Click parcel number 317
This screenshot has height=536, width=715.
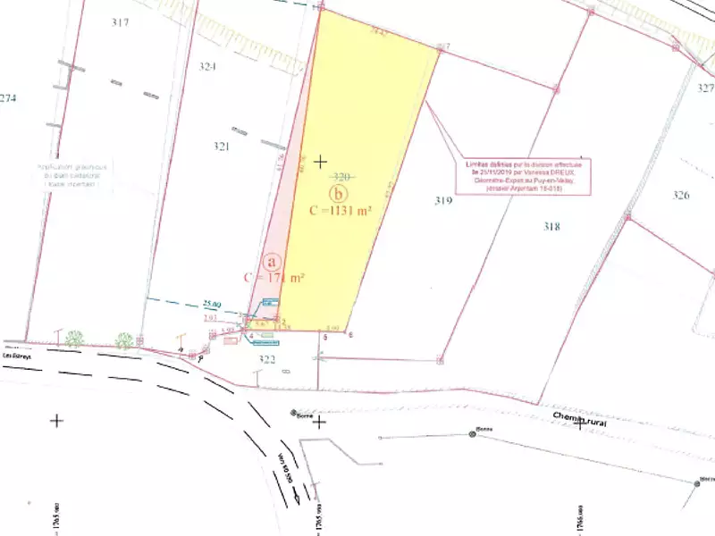[121, 22]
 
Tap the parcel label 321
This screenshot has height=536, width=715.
[222, 147]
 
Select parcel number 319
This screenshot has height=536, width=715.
[443, 201]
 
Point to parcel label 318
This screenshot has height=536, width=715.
[551, 226]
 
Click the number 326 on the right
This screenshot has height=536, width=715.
[681, 195]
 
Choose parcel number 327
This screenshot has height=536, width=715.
[705, 88]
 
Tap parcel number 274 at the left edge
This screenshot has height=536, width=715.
[8, 98]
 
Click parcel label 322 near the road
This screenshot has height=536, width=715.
[267, 360]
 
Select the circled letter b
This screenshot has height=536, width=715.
[338, 193]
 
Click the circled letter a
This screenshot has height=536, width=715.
[274, 260]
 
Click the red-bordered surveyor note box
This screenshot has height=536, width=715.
[524, 177]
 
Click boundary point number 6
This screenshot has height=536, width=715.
[351, 335]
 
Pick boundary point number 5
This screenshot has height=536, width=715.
[326, 338]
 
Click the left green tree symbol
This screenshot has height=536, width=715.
[74, 339]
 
